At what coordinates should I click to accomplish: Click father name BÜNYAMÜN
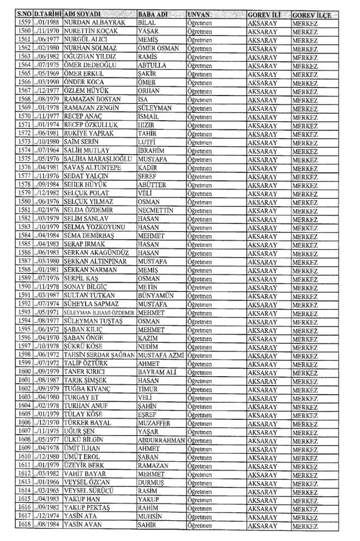click(155, 313)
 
